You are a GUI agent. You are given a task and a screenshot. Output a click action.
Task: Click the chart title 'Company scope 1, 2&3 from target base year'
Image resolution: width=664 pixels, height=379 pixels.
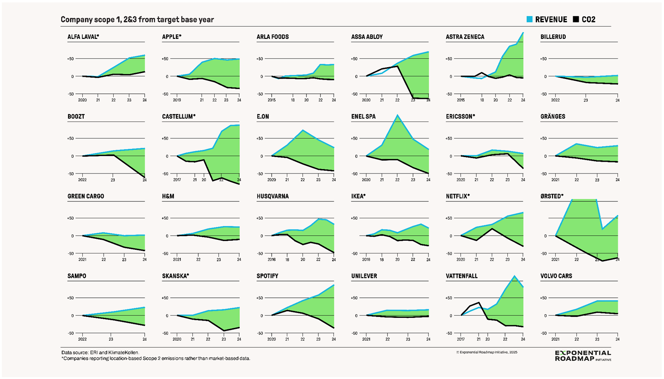click(137, 20)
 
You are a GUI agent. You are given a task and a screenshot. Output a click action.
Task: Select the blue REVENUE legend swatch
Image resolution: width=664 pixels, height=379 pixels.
click(529, 19)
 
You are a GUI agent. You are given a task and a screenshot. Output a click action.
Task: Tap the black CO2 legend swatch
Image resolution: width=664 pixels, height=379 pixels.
click(576, 19)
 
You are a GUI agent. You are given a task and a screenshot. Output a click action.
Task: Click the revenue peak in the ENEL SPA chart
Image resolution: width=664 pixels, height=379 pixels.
click(397, 115)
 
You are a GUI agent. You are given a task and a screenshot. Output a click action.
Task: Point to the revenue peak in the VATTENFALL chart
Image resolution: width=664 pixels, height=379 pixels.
click(514, 276)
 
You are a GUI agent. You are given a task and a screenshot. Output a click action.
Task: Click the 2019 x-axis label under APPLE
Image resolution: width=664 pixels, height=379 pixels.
click(177, 100)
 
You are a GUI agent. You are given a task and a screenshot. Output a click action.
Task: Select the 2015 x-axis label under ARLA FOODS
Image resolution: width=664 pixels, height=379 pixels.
click(272, 100)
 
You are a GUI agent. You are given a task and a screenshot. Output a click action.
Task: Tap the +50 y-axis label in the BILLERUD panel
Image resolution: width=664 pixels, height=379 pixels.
click(544, 58)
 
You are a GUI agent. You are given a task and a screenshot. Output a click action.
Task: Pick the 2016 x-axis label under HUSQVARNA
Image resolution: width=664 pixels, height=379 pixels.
click(272, 259)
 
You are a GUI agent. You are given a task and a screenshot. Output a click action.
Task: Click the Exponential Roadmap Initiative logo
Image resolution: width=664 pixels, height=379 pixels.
click(582, 356)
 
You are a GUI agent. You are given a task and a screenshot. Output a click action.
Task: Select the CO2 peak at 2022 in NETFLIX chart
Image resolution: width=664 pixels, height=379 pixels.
click(492, 229)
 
